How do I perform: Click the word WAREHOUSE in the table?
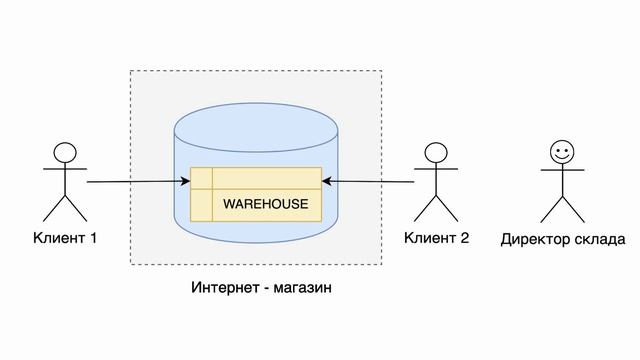point(265,204)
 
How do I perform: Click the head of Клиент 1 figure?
point(65,153)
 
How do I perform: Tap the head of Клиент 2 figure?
point(435,153)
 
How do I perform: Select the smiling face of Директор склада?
point(562,153)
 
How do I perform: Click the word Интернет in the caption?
point(220,288)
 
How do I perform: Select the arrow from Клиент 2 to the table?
point(370,181)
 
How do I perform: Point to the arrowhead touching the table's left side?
point(186,181)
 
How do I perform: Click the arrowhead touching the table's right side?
point(327,181)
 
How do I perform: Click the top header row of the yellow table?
point(255,178)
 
